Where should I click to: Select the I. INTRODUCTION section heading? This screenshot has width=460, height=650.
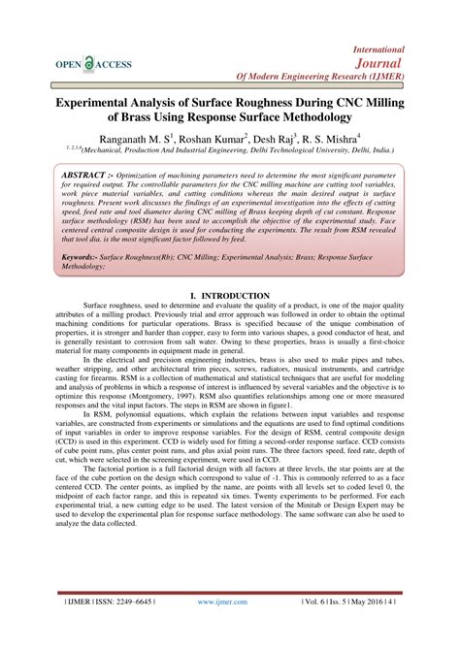231,295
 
